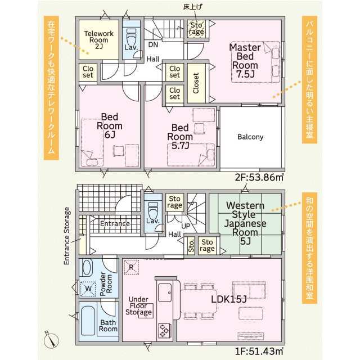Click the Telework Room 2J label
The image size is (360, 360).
pyautogui.click(x=99, y=40)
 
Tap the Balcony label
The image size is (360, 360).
pyautogui.click(x=250, y=137)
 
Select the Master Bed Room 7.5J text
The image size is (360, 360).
pyautogui.click(x=245, y=61)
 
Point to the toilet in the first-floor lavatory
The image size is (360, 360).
pyautogui.click(x=152, y=209)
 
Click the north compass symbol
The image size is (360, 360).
pyautogui.click(x=51, y=340)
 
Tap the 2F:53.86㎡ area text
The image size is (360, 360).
pyautogui.click(x=259, y=177)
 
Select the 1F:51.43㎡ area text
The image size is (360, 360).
pyautogui.click(x=259, y=351)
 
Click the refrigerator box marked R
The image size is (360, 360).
pyautogui.click(x=131, y=267)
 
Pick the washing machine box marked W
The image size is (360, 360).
pyautogui.click(x=88, y=289)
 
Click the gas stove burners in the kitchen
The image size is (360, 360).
pyautogui.click(x=164, y=330)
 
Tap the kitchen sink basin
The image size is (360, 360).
pyautogui.click(x=165, y=292)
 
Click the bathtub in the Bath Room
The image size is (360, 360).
pyautogui.click(x=88, y=321)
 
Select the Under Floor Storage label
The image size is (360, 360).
pyautogui.click(x=138, y=306)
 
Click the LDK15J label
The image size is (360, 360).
pyautogui.click(x=229, y=299)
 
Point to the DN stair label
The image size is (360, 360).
pyautogui.click(x=153, y=44)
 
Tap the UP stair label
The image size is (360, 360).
pyautogui.click(x=186, y=226)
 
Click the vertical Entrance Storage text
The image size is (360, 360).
pyautogui.click(x=66, y=236)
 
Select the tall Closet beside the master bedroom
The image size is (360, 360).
pyautogui.click(x=196, y=83)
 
